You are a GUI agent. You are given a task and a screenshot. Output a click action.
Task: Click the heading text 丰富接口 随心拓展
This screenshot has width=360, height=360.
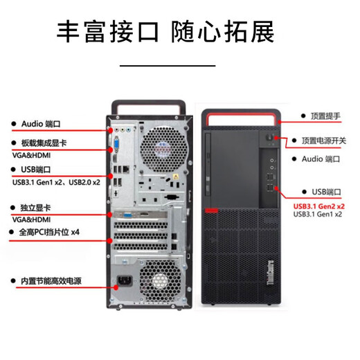coord(165,31)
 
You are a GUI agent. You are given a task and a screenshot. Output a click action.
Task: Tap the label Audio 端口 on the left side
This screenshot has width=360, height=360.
coord(42,125)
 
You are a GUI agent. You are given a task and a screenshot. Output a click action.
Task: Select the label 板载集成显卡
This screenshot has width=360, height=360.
coord(44,143)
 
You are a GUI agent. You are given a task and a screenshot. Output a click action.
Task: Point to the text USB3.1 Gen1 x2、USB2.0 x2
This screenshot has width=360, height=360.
coord(55,182)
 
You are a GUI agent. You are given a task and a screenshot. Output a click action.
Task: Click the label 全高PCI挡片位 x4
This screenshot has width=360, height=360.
coord(51,233)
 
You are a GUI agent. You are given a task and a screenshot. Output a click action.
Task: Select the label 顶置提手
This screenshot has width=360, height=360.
coord(325,116)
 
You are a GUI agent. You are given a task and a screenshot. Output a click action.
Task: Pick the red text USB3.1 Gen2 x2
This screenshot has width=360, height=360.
coord(319,206)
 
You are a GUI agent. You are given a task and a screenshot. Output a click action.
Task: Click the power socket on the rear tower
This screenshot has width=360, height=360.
coord(128,282)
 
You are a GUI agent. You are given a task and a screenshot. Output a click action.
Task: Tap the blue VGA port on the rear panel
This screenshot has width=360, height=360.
coord(117,146)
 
